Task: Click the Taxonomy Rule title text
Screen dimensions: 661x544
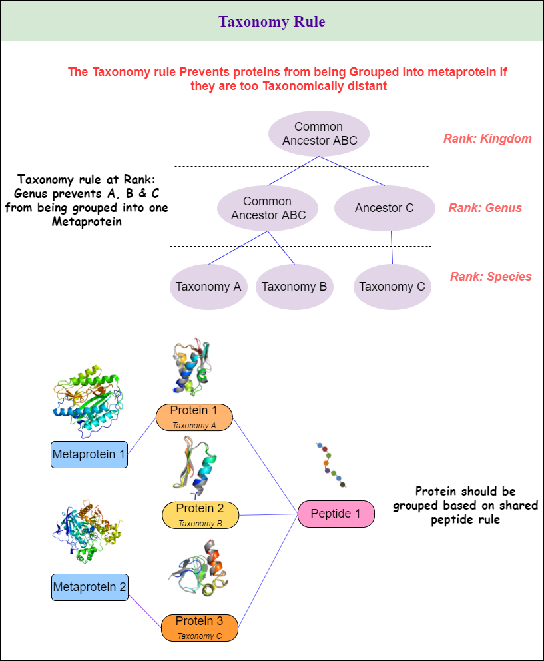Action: tap(272, 21)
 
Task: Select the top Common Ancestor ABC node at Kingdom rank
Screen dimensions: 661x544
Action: tap(319, 133)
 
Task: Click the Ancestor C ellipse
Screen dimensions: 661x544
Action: tap(384, 208)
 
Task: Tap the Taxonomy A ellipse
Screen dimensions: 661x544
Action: tap(208, 287)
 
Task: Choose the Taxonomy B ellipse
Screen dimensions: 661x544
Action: tap(294, 287)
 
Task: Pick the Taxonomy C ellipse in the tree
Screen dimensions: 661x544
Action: tap(392, 287)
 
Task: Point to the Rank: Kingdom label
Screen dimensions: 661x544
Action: tap(487, 139)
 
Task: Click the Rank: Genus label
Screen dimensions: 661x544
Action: tap(485, 208)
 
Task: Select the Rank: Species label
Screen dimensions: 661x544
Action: tap(491, 277)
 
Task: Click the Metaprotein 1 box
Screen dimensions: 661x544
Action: tap(89, 454)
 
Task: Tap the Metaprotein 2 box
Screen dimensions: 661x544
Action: tap(89, 587)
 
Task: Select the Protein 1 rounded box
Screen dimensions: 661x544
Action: tap(194, 416)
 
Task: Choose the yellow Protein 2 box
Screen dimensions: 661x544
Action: tap(200, 514)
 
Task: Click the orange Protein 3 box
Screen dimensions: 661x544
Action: tap(199, 627)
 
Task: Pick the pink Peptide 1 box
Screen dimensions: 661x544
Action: tap(336, 514)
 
